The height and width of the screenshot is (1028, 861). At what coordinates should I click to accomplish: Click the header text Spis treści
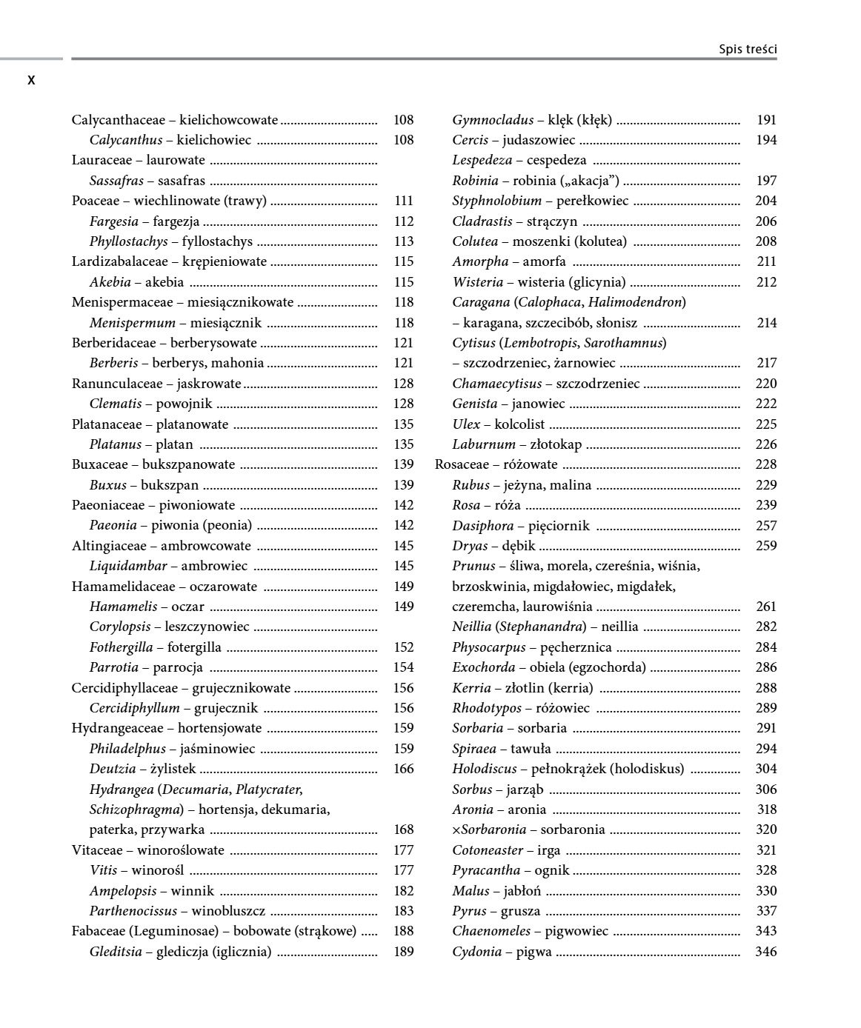747,50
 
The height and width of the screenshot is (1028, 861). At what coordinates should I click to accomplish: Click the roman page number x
31,80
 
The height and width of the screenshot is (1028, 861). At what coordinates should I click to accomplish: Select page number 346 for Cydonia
765,952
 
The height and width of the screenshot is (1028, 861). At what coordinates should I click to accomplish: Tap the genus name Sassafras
116,181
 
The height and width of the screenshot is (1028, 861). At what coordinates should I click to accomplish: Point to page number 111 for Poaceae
403,201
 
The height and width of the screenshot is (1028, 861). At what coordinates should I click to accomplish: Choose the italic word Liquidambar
128,566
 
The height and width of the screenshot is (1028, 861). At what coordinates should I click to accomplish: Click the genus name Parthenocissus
133,911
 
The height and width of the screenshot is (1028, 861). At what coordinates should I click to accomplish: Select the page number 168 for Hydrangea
403,830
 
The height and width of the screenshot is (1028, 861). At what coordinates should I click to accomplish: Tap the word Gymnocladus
493,120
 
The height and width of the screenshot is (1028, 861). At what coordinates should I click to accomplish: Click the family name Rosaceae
462,464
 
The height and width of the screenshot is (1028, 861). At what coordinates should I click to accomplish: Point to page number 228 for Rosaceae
765,464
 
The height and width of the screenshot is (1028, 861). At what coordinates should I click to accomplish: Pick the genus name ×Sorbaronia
489,830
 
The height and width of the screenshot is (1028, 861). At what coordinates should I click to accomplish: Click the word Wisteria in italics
477,282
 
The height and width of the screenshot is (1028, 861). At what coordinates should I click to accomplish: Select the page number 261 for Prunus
765,607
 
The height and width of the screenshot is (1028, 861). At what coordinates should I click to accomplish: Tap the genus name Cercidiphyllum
134,708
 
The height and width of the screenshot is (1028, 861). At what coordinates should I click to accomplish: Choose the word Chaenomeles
491,931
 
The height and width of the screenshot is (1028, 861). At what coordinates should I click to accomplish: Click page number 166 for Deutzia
403,769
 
